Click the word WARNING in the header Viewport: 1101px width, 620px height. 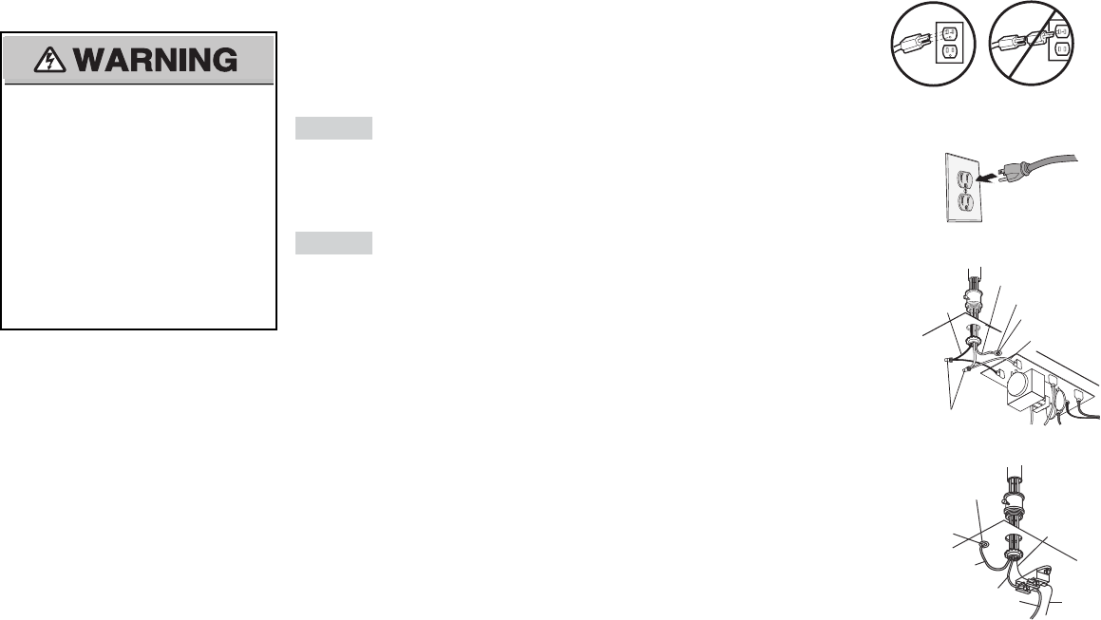tap(156, 60)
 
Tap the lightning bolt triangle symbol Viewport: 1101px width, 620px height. tap(46, 60)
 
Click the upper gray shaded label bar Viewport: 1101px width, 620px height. tap(332, 128)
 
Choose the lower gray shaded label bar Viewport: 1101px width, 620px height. tap(332, 243)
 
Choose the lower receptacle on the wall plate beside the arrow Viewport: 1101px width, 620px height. tap(960, 201)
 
